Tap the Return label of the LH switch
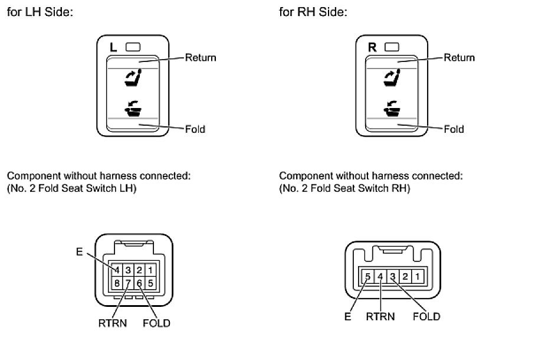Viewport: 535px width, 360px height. point(201,58)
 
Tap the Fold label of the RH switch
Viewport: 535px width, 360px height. point(454,129)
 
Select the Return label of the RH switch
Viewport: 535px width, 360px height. point(459,58)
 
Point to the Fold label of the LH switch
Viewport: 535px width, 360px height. point(195,129)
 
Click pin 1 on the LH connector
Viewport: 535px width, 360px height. point(151,270)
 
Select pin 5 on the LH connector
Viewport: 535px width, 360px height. point(151,283)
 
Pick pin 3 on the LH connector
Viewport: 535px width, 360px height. point(127,270)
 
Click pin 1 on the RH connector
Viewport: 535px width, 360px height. point(416,276)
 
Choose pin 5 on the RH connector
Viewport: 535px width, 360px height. point(367,276)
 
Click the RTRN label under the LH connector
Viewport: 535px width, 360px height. point(112,323)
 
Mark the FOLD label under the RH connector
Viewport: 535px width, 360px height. point(426,317)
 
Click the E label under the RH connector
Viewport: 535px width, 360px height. point(348,317)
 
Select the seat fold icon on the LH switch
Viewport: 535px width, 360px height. point(132,107)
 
